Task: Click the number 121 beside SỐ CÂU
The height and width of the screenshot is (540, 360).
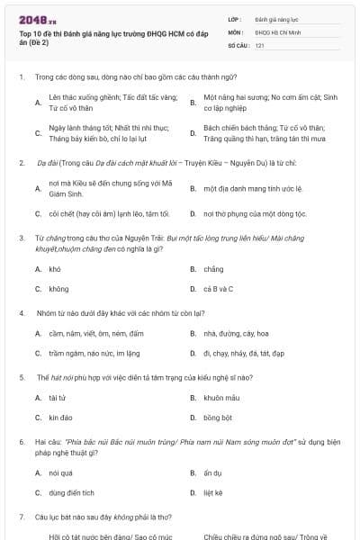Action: point(259,44)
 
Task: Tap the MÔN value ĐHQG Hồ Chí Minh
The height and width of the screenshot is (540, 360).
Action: point(275,31)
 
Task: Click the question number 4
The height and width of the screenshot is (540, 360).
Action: point(21,313)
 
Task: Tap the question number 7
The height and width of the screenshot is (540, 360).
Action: point(21,517)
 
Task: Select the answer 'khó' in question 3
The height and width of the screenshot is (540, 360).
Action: point(55,268)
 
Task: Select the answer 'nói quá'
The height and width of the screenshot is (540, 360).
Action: point(60,472)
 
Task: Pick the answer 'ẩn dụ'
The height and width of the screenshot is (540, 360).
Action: point(212,472)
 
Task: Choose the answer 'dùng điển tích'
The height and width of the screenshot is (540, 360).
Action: point(72,493)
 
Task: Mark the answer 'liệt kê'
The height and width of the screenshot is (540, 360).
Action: point(213,493)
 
